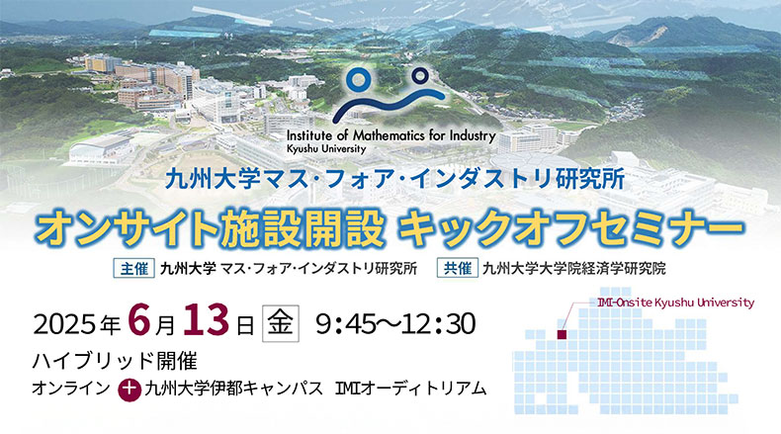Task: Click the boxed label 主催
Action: click(x=134, y=269)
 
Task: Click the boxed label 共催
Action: click(x=458, y=268)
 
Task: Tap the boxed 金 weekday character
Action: click(x=281, y=323)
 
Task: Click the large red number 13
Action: click(x=207, y=320)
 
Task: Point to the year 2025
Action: click(x=64, y=324)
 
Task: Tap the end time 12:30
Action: click(x=439, y=324)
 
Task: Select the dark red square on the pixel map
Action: click(x=562, y=335)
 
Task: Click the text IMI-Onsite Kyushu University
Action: click(x=676, y=303)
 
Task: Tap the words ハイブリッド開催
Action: click(x=115, y=360)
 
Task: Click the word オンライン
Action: click(x=71, y=389)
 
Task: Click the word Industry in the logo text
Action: click(x=473, y=136)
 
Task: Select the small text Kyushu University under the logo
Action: click(x=326, y=149)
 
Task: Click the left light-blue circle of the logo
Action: click(x=359, y=80)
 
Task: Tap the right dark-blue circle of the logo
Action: click(x=420, y=76)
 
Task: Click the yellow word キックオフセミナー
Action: click(x=570, y=229)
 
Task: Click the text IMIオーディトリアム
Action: click(x=410, y=389)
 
